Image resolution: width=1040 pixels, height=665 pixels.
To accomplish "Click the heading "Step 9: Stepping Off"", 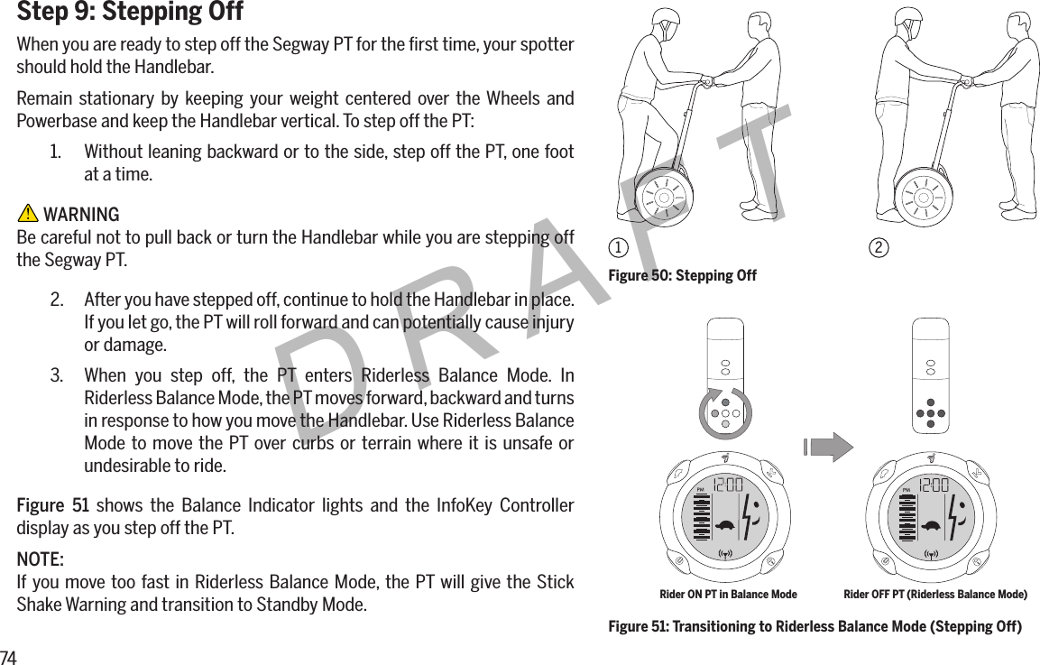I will click(x=131, y=13).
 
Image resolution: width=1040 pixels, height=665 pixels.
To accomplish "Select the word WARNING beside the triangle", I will click(x=81, y=215).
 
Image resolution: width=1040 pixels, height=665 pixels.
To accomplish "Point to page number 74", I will click(x=9, y=656).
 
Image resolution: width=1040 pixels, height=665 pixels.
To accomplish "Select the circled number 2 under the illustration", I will click(x=877, y=247).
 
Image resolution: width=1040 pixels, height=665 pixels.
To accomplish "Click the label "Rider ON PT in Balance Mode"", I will click(x=728, y=595).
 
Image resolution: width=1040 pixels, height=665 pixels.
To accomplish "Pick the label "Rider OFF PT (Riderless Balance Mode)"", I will click(x=934, y=595).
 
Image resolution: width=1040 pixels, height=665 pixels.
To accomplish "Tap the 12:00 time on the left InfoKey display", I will click(x=727, y=485).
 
